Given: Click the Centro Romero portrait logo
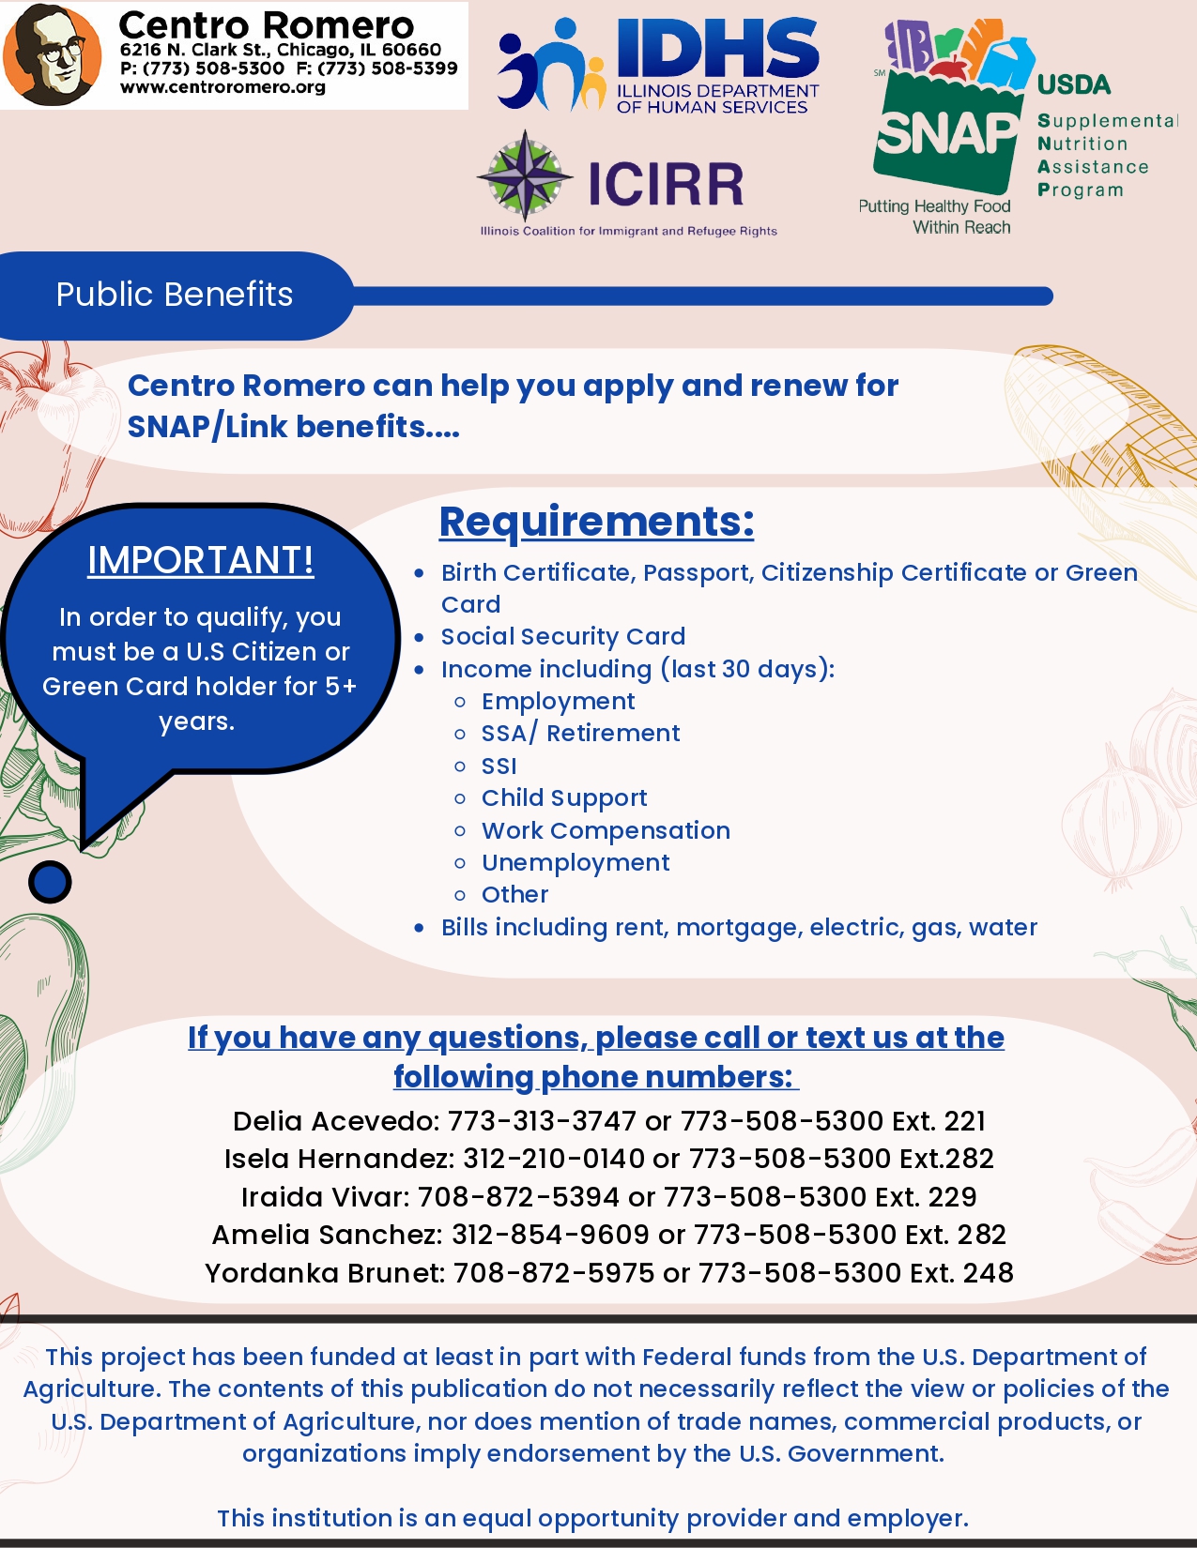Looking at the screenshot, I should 52,54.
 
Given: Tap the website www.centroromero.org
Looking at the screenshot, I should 223,87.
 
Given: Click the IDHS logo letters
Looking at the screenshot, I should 717,50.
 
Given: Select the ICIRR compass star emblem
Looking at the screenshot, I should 525,176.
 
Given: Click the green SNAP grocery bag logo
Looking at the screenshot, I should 945,131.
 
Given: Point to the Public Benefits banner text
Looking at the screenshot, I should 175,295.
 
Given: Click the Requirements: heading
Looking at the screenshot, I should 596,522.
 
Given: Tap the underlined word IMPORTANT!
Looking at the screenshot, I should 201,560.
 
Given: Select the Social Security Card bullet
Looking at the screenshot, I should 563,636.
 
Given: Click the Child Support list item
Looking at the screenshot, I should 564,797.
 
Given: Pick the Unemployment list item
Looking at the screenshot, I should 575,862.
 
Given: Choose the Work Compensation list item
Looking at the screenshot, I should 606,830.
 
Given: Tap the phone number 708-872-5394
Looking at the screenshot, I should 518,1197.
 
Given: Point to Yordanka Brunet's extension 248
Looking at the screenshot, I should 988,1273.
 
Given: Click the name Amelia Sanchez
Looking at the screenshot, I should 325,1235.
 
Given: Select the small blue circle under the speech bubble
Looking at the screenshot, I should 50,882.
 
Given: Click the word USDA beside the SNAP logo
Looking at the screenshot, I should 1073,84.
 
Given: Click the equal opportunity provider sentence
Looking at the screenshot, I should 592,1518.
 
